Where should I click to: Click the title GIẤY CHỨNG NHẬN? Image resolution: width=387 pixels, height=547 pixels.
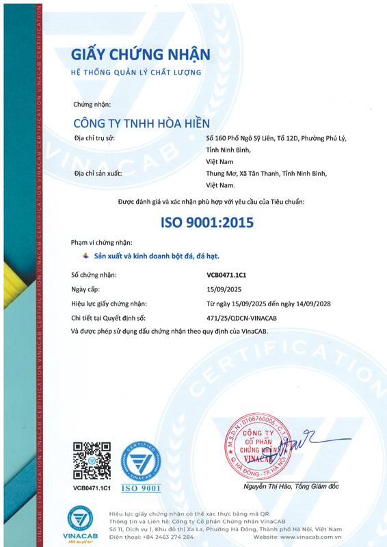[141, 55]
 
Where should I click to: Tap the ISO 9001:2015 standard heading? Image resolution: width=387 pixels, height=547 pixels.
[206, 222]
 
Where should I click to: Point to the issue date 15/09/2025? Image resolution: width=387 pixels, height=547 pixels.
[222, 289]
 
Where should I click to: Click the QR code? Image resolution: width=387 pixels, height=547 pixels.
[91, 462]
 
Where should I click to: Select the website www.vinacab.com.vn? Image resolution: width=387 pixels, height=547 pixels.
[315, 537]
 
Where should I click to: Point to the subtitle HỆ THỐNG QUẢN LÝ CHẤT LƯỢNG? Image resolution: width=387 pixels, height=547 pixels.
[136, 72]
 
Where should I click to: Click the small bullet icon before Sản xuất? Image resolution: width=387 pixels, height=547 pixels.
[85, 256]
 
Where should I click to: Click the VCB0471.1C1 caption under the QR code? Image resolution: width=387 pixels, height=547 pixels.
[92, 488]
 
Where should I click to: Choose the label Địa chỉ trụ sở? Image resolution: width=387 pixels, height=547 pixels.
[94, 138]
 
